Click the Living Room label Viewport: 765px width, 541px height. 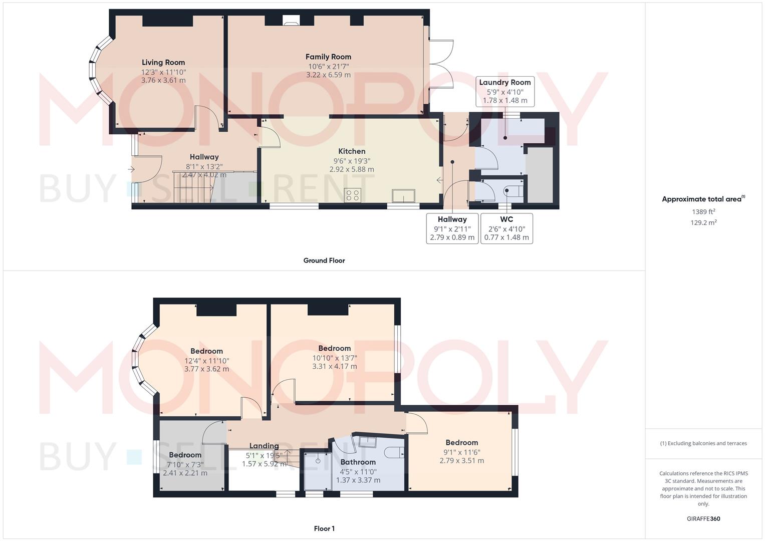[x=163, y=63]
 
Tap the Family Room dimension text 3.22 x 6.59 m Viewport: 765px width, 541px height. [x=328, y=75]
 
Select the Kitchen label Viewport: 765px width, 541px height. [x=352, y=151]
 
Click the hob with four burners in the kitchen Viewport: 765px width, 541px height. [x=353, y=195]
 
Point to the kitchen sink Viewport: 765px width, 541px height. [x=403, y=196]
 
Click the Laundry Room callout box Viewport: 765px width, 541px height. [x=505, y=92]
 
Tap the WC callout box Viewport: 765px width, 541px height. [x=506, y=228]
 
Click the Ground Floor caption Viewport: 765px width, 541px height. [x=324, y=260]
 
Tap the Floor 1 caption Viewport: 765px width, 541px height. [x=324, y=528]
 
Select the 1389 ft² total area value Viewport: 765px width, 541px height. [x=703, y=212]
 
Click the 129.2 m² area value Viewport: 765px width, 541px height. [x=703, y=222]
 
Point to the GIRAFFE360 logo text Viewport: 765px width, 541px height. [x=703, y=519]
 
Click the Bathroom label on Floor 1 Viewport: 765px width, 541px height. [x=358, y=462]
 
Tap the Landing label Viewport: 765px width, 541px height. [x=264, y=446]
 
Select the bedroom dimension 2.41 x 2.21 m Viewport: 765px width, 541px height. [x=185, y=473]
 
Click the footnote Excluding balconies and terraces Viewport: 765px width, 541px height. [x=703, y=443]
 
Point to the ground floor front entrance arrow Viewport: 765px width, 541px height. [x=132, y=169]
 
